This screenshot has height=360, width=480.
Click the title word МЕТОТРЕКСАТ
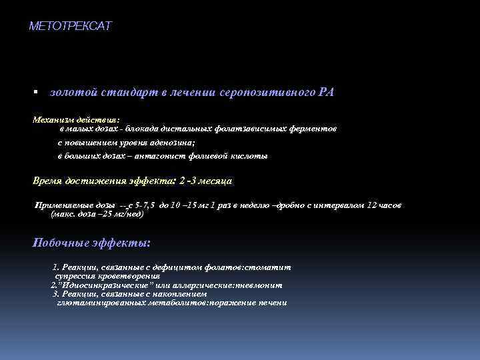pos(71,27)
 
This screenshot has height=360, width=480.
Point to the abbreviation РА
pos(326,92)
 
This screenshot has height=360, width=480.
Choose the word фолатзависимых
pos(265,127)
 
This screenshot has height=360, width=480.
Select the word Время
pos(48,181)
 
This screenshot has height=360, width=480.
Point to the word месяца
pos(215,181)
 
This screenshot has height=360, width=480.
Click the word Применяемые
pos(65,206)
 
